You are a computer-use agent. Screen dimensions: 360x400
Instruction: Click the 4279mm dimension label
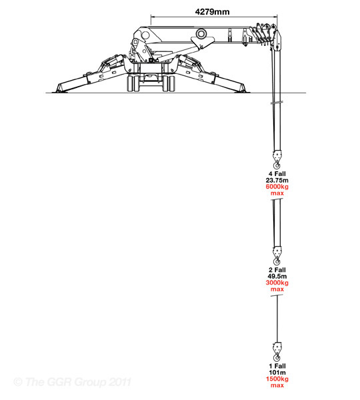[212, 12]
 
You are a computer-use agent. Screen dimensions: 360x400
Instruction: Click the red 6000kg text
[277, 187]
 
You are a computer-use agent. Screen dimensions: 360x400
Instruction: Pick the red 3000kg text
[277, 283]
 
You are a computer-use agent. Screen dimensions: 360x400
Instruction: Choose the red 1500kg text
[277, 379]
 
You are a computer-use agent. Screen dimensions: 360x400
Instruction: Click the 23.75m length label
[277, 180]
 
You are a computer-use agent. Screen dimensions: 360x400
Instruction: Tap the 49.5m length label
[277, 276]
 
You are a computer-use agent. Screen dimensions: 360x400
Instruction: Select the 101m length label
[277, 372]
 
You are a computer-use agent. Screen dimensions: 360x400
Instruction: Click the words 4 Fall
[277, 174]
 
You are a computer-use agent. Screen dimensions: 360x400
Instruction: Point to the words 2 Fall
[277, 269]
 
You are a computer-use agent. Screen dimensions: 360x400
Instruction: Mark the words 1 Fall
[277, 366]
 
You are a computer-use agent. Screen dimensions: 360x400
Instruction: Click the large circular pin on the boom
[201, 34]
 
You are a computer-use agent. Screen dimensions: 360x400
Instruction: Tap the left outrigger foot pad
[60, 90]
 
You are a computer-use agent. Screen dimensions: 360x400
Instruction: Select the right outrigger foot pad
[241, 90]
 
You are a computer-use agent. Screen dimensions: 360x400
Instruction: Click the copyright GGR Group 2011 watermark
[72, 382]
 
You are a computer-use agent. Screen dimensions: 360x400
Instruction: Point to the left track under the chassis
[133, 83]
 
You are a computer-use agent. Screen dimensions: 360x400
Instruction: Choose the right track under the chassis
[169, 83]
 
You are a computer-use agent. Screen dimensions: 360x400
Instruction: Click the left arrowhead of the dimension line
[153, 17]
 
